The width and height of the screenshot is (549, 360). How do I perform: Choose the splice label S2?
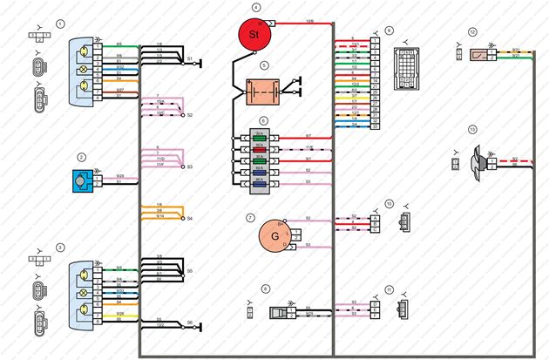click(x=190, y=115)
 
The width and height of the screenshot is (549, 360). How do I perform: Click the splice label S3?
click(x=190, y=166)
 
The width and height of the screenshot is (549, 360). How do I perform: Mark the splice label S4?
click(x=190, y=218)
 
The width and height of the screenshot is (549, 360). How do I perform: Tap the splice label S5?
click(x=190, y=270)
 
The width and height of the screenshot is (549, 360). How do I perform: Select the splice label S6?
click(x=190, y=323)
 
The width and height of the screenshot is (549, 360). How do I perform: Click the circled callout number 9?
click(x=390, y=30)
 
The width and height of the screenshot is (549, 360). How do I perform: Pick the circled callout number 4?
click(x=256, y=7)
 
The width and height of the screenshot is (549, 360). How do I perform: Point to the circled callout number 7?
click(x=250, y=217)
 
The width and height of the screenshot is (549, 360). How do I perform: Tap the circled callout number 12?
click(x=472, y=31)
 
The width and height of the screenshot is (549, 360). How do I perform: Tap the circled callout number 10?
click(x=390, y=204)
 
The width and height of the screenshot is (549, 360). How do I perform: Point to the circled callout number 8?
click(x=266, y=288)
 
